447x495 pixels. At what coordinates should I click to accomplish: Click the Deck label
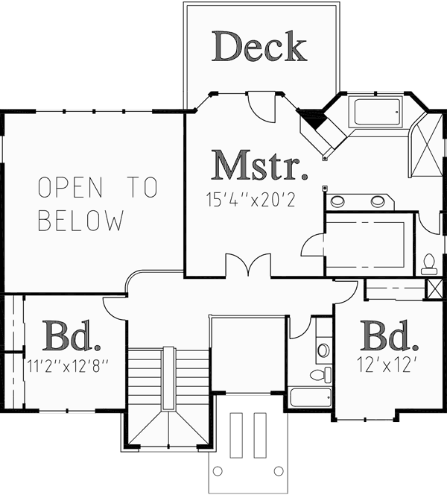point(259,47)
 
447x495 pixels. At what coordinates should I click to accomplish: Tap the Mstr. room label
point(260,165)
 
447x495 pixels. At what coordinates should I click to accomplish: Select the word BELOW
point(80,221)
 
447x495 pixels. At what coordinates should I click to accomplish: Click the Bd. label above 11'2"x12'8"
point(72,337)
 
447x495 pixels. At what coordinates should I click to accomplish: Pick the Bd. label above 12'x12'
point(388,337)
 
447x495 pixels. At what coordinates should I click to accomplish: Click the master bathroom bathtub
point(377,113)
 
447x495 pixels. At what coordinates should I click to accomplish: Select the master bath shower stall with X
point(426,147)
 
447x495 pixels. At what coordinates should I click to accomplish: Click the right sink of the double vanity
point(378,201)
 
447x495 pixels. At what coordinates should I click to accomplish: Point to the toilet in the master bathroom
point(429,262)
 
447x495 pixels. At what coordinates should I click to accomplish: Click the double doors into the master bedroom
point(245,265)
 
